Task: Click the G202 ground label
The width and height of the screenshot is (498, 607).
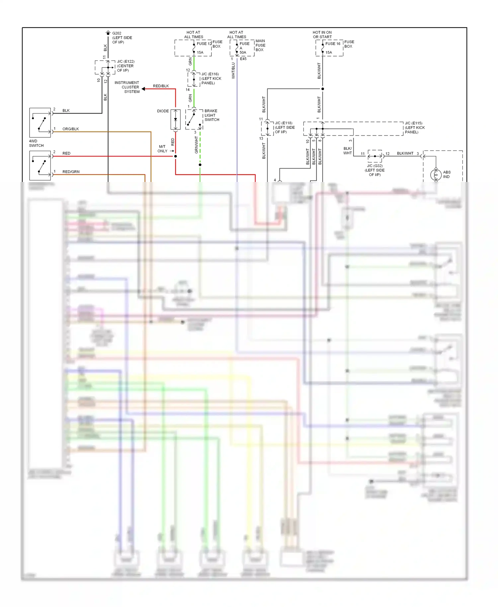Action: pos(117,33)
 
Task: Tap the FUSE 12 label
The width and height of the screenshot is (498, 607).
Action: pos(204,43)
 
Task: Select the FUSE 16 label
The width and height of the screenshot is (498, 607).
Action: pos(333,43)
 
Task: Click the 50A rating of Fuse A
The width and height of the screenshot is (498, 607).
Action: pos(243,52)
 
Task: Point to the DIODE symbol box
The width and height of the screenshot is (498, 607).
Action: pos(175,120)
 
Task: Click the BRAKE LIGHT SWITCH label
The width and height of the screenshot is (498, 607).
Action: pos(211,115)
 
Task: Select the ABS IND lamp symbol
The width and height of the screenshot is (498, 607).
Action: pos(436,175)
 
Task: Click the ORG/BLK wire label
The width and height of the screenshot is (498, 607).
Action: pos(70,129)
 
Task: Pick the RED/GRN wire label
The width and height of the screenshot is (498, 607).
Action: pos(71,172)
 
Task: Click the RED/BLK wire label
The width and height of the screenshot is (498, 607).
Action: pos(161,86)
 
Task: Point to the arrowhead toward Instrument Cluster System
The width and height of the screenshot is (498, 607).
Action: pos(143,89)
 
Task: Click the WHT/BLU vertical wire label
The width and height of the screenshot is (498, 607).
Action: pos(233,70)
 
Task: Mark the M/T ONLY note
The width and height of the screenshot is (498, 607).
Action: pos(162,149)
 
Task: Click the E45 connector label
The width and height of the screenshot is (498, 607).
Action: pos(243,59)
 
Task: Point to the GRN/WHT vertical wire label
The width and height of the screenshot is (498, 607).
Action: pos(196,145)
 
